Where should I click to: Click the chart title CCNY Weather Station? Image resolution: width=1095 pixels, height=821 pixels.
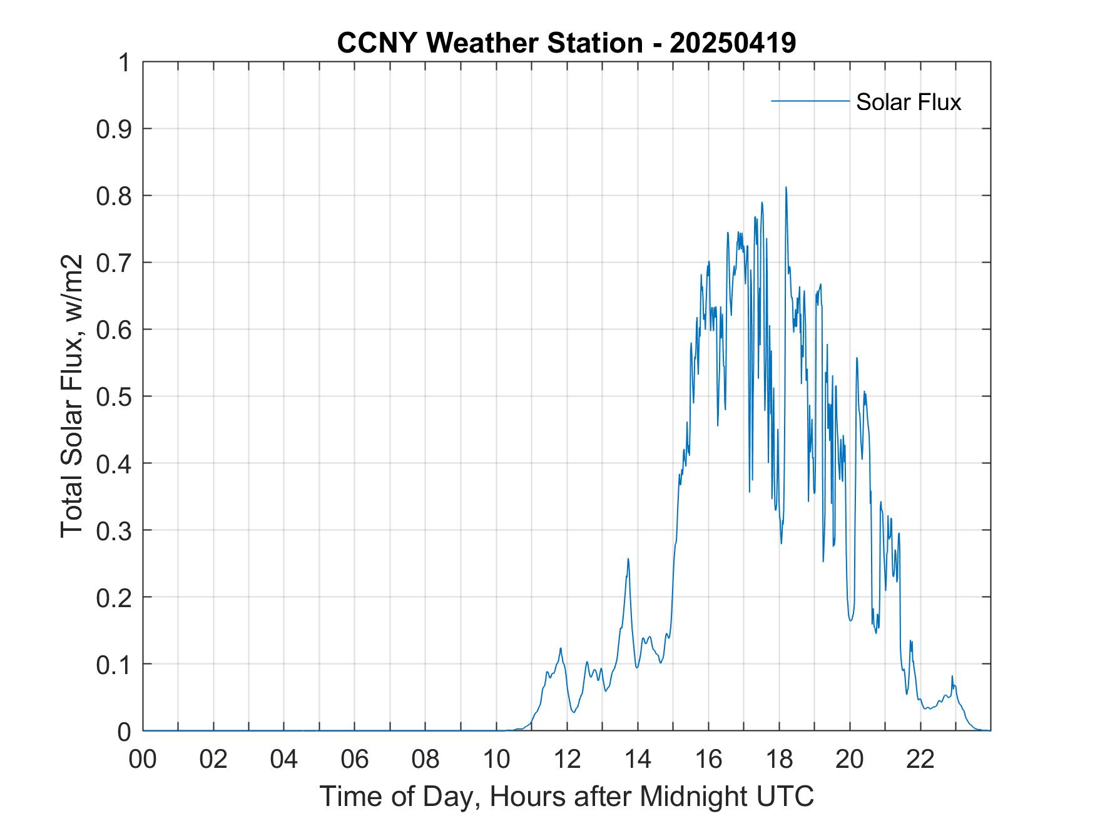pyautogui.click(x=489, y=43)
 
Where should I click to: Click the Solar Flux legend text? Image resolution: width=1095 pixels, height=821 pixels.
pyautogui.click(x=908, y=102)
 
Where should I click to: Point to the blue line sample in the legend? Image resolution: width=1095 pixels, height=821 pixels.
pyautogui.click(x=810, y=101)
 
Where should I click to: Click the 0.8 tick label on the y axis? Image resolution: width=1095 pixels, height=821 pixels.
pyautogui.click(x=115, y=196)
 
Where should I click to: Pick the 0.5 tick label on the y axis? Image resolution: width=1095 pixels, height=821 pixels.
pyautogui.click(x=115, y=397)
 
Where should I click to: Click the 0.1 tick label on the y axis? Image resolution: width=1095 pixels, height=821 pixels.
pyautogui.click(x=115, y=665)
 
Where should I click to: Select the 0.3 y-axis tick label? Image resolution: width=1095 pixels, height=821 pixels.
pyautogui.click(x=115, y=531)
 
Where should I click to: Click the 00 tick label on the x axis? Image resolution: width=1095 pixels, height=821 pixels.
pyautogui.click(x=143, y=760)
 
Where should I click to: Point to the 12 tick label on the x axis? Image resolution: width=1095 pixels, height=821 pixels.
pyautogui.click(x=567, y=760)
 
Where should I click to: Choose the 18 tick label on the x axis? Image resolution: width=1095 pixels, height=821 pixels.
pyautogui.click(x=779, y=760)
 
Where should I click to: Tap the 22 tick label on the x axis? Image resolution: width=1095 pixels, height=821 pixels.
pyautogui.click(x=920, y=760)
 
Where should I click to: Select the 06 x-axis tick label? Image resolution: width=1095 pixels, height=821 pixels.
pyautogui.click(x=355, y=760)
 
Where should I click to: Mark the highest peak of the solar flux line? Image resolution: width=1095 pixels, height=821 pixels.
pyautogui.click(x=786, y=187)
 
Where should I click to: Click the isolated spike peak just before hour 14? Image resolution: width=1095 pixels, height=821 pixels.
pyautogui.click(x=628, y=559)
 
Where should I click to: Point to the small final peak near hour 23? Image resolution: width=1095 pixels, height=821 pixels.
pyautogui.click(x=952, y=677)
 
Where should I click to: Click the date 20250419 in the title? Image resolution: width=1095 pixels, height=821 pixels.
pyautogui.click(x=732, y=43)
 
